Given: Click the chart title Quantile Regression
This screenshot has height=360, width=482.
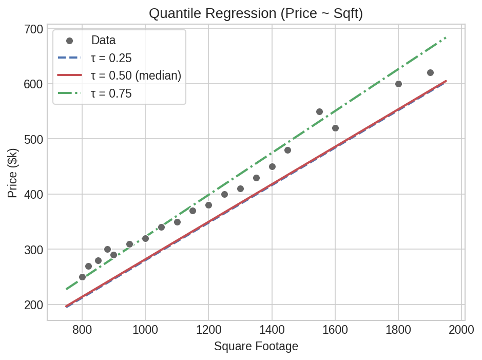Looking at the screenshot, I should pos(256,13).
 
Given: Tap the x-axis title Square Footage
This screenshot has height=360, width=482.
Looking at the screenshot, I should pos(256,346).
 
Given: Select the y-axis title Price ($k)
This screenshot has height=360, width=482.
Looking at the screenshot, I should pos(13,173).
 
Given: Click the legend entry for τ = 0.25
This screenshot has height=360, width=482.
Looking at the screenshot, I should pos(111,58).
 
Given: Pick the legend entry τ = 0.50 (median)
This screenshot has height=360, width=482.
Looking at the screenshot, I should pos(136,75).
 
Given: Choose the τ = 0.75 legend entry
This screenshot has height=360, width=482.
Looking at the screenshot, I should pos(111,93).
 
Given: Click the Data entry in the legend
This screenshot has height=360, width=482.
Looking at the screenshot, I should pos(103,40).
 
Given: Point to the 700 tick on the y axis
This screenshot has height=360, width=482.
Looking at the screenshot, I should pos(33,29).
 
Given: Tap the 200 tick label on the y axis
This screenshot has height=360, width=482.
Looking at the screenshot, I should pos(33,305).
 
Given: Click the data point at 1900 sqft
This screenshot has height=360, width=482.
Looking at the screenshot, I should pos(430,73).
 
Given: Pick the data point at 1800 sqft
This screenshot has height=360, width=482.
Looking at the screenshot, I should pos(398,84).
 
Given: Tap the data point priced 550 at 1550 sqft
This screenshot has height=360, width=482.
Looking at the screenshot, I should pos(319,111).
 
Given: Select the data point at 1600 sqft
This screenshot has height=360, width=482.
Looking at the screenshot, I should pos(335,128).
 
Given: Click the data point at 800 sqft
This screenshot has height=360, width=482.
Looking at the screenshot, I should pos(82,277).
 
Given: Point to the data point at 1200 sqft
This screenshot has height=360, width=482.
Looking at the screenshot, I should pos(208,205).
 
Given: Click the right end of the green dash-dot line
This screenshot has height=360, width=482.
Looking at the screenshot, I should pos(446,38).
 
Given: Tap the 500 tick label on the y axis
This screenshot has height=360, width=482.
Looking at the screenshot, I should pos(33,139).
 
